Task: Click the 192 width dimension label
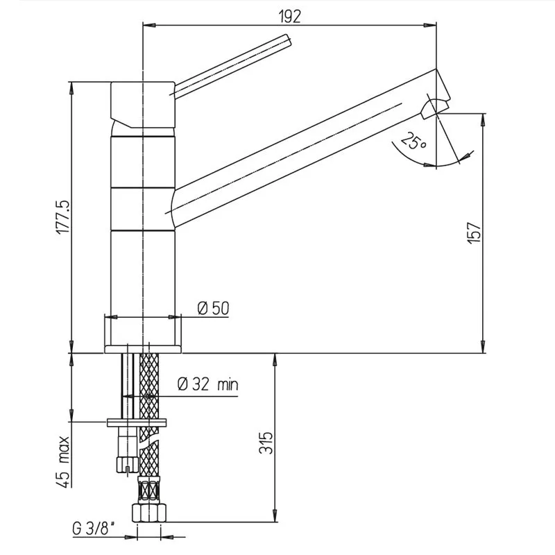tap(289, 16)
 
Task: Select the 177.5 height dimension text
tap(64, 217)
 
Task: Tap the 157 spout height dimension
tap(475, 232)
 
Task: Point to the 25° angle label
tap(413, 141)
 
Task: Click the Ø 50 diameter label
tap(214, 308)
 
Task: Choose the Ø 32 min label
tap(207, 384)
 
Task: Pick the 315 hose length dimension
tap(266, 443)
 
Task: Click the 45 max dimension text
tap(64, 461)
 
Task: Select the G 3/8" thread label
tap(93, 529)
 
